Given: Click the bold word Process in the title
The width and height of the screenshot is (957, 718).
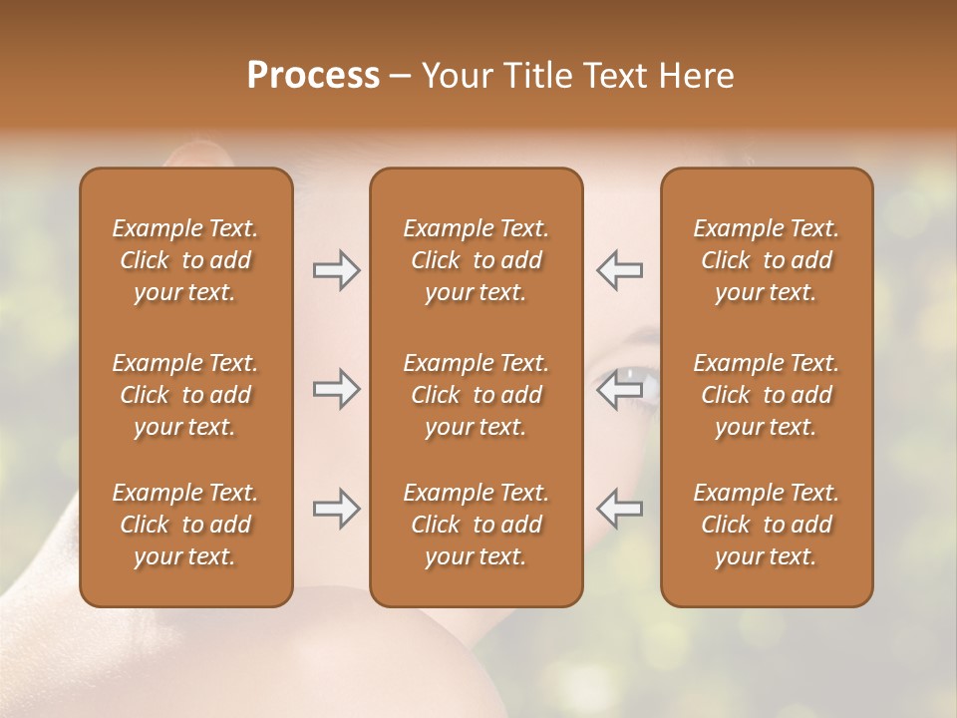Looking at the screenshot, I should click(x=313, y=76).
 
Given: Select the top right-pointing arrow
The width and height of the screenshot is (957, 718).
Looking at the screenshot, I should click(x=336, y=270).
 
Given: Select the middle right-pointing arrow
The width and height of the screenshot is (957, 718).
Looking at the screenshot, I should click(x=336, y=389).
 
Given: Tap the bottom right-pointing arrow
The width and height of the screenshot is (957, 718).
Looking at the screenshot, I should click(x=336, y=509).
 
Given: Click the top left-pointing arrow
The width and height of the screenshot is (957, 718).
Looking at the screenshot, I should click(x=620, y=270).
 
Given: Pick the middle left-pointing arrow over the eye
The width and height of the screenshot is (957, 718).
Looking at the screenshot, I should click(x=620, y=389).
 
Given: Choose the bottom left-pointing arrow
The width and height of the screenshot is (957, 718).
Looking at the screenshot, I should click(x=620, y=509).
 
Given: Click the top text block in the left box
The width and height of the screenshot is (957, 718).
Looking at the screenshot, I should click(x=185, y=260).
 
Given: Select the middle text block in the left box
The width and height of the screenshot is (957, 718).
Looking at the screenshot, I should click(x=185, y=395).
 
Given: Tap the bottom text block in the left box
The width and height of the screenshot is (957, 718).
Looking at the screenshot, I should click(x=185, y=525).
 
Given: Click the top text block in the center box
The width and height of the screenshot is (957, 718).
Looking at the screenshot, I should click(x=476, y=260).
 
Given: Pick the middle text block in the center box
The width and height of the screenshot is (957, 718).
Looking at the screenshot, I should click(x=476, y=395).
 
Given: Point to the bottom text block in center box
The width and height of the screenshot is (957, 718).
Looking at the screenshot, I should click(x=476, y=525).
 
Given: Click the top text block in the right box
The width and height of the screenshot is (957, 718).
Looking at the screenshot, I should click(x=766, y=260).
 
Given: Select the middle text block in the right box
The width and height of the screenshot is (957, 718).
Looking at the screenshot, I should click(x=766, y=395).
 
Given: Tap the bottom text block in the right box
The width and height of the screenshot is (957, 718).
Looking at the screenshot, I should click(x=766, y=525).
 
